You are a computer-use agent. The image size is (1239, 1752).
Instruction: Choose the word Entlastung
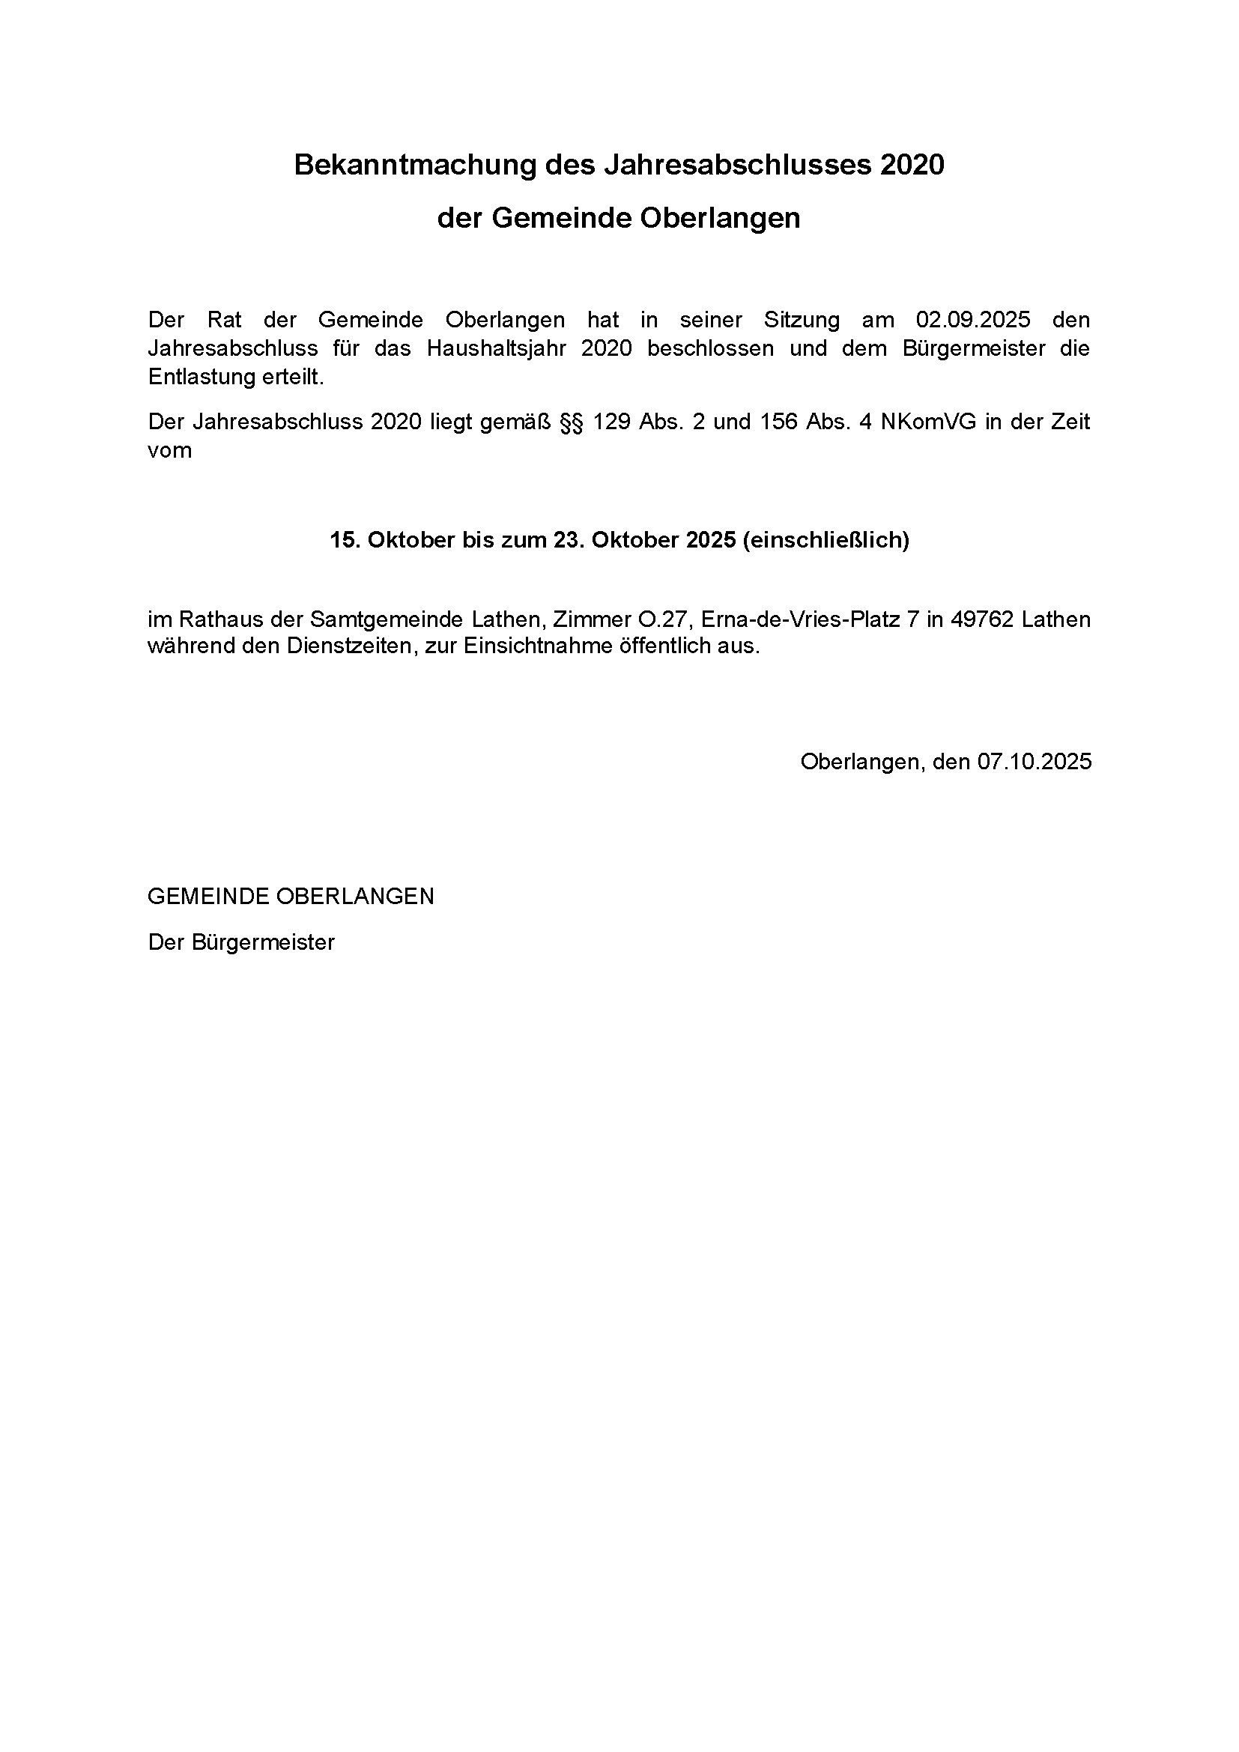pos(200,378)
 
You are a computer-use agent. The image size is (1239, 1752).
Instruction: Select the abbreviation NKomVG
pos(927,422)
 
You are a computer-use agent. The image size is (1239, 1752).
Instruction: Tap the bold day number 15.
pos(344,540)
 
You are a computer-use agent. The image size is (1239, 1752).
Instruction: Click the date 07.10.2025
pos(1034,762)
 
